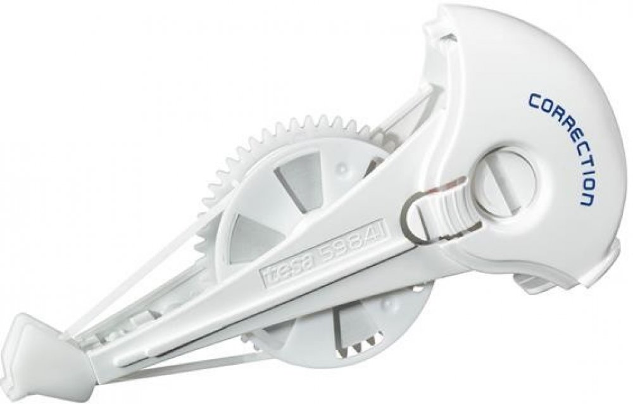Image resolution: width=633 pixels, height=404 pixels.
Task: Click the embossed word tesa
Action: (x=278, y=269)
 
